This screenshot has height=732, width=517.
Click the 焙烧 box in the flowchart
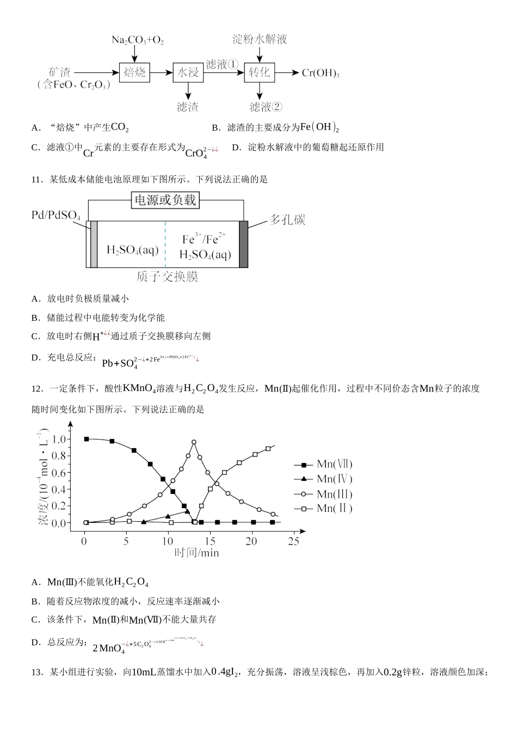coord(134,72)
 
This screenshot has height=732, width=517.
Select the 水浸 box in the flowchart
coord(188,72)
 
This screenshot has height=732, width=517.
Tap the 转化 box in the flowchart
coord(259,72)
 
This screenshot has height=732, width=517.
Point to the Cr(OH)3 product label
coord(321,73)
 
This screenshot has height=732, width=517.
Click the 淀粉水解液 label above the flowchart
coord(260,39)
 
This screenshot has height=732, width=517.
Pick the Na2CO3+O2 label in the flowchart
coord(137,40)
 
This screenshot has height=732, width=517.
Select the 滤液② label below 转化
coord(266,107)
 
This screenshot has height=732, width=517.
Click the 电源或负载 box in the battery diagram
coord(165,200)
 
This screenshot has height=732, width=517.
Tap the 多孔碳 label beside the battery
coord(287,219)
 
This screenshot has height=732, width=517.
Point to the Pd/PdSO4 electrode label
coord(56,216)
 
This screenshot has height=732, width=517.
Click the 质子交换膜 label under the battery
coord(167,277)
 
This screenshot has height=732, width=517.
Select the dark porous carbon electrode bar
coord(243,244)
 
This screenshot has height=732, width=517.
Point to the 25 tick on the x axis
coord(293,541)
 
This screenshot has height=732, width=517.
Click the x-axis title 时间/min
coord(196,553)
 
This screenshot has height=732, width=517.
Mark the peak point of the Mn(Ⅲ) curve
coord(193,442)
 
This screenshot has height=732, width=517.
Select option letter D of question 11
coord(36,358)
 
